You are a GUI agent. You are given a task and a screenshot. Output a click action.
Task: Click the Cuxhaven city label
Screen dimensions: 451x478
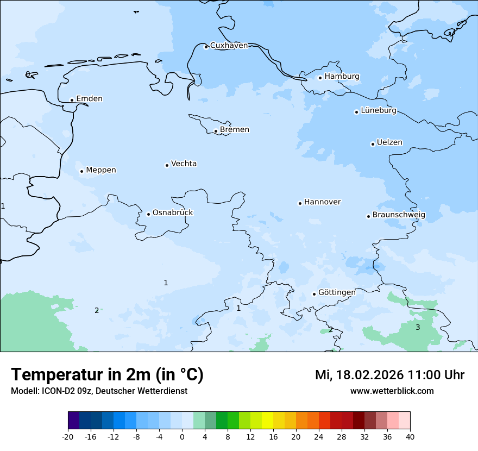229,46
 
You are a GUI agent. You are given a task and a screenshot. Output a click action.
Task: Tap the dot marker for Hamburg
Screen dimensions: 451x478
320,78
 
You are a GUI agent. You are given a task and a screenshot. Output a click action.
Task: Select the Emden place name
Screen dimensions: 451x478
89,99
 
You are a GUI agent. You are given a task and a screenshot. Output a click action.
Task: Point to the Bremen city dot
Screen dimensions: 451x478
216,131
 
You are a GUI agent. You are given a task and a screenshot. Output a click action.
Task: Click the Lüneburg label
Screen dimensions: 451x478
378,111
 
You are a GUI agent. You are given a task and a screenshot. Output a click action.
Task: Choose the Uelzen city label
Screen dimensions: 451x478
389,143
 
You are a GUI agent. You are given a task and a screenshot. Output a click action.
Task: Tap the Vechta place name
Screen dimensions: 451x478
184,164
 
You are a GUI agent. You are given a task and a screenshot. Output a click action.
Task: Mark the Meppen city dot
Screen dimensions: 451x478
81,171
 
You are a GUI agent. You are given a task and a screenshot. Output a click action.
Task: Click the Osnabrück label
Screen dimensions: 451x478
172,213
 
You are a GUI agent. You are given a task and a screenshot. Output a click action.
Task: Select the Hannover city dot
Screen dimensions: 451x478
300,203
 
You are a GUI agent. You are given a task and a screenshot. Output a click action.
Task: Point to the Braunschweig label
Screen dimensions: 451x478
399,215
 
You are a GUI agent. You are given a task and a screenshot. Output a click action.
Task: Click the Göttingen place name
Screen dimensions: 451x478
337,293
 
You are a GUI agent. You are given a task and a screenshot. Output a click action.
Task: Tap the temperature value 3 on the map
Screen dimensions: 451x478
418,327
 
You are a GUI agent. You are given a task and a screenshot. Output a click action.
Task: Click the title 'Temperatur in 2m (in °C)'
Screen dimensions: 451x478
107,375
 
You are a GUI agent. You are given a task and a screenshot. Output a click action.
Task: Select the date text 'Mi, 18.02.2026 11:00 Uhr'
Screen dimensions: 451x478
389,375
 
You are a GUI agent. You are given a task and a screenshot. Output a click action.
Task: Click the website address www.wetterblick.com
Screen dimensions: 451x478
392,391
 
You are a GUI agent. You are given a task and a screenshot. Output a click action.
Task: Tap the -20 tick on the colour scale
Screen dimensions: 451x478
68,437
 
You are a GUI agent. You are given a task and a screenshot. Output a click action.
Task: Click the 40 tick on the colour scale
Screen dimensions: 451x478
410,437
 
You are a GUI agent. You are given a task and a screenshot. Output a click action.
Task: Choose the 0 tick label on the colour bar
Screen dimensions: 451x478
182,437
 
